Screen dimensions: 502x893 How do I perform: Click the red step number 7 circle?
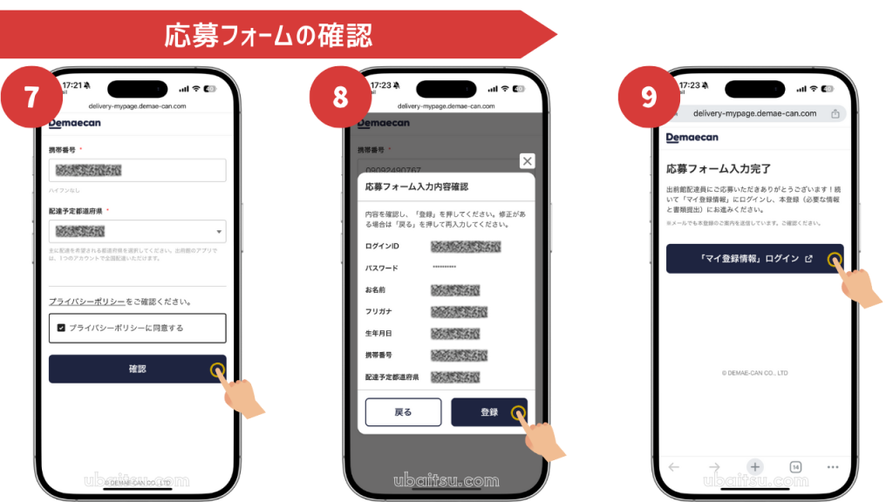31,97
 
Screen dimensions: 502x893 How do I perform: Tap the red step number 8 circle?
340,97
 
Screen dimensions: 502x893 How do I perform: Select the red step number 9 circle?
648,97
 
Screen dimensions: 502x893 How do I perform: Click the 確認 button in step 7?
137,369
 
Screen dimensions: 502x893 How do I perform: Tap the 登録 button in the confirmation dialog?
488,412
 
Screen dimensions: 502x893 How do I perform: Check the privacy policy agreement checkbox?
61,328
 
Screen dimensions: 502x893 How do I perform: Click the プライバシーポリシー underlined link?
86,302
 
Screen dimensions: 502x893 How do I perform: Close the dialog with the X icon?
527,161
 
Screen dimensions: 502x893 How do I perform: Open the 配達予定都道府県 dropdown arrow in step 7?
217,232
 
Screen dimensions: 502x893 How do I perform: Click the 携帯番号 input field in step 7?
137,171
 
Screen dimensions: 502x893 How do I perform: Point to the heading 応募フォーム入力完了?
718,168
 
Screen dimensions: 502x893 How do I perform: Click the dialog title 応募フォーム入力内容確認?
416,187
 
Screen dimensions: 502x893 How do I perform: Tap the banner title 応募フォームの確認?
269,35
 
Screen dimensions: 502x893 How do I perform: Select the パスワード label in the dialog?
381,268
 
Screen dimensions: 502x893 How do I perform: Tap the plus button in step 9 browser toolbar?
755,466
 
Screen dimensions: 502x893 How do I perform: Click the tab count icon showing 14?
795,467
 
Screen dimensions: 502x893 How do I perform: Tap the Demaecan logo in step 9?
692,138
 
